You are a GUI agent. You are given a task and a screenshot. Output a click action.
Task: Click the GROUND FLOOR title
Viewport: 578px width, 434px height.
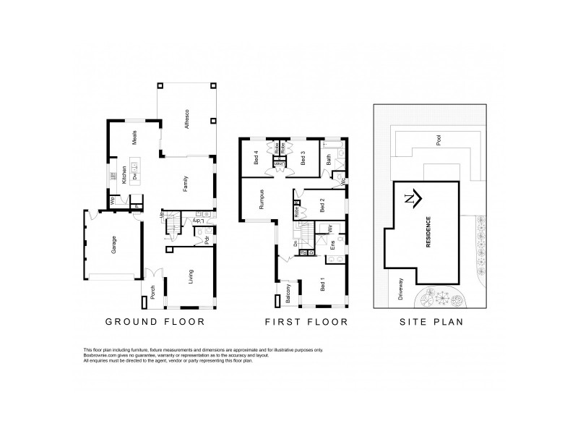(x=155, y=322)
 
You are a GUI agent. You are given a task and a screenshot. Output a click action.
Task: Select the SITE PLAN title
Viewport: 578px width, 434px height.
(x=431, y=322)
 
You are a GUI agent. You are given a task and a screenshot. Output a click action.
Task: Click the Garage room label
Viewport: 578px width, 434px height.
(x=113, y=246)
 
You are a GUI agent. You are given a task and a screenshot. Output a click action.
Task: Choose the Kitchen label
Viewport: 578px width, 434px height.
(x=124, y=174)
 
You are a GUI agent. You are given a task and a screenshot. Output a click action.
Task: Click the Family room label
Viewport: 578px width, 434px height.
(x=186, y=184)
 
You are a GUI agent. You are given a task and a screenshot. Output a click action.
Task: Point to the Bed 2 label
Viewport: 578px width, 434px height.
(x=323, y=204)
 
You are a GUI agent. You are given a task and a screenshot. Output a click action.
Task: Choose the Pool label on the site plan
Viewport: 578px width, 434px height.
(x=439, y=142)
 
